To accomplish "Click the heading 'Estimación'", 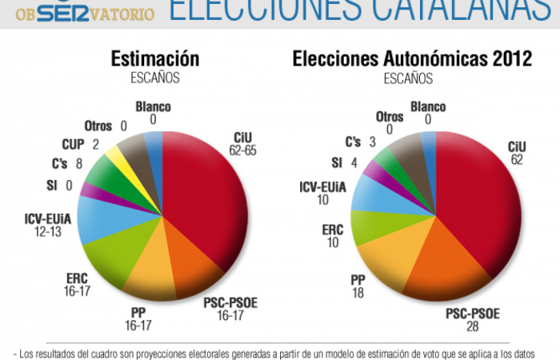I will tap(155, 59).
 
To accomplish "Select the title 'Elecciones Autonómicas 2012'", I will tap(412, 59).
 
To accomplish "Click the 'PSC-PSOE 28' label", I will tap(473, 320).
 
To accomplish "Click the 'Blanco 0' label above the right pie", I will tap(428, 113).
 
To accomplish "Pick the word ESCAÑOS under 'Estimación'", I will tap(154, 78).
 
